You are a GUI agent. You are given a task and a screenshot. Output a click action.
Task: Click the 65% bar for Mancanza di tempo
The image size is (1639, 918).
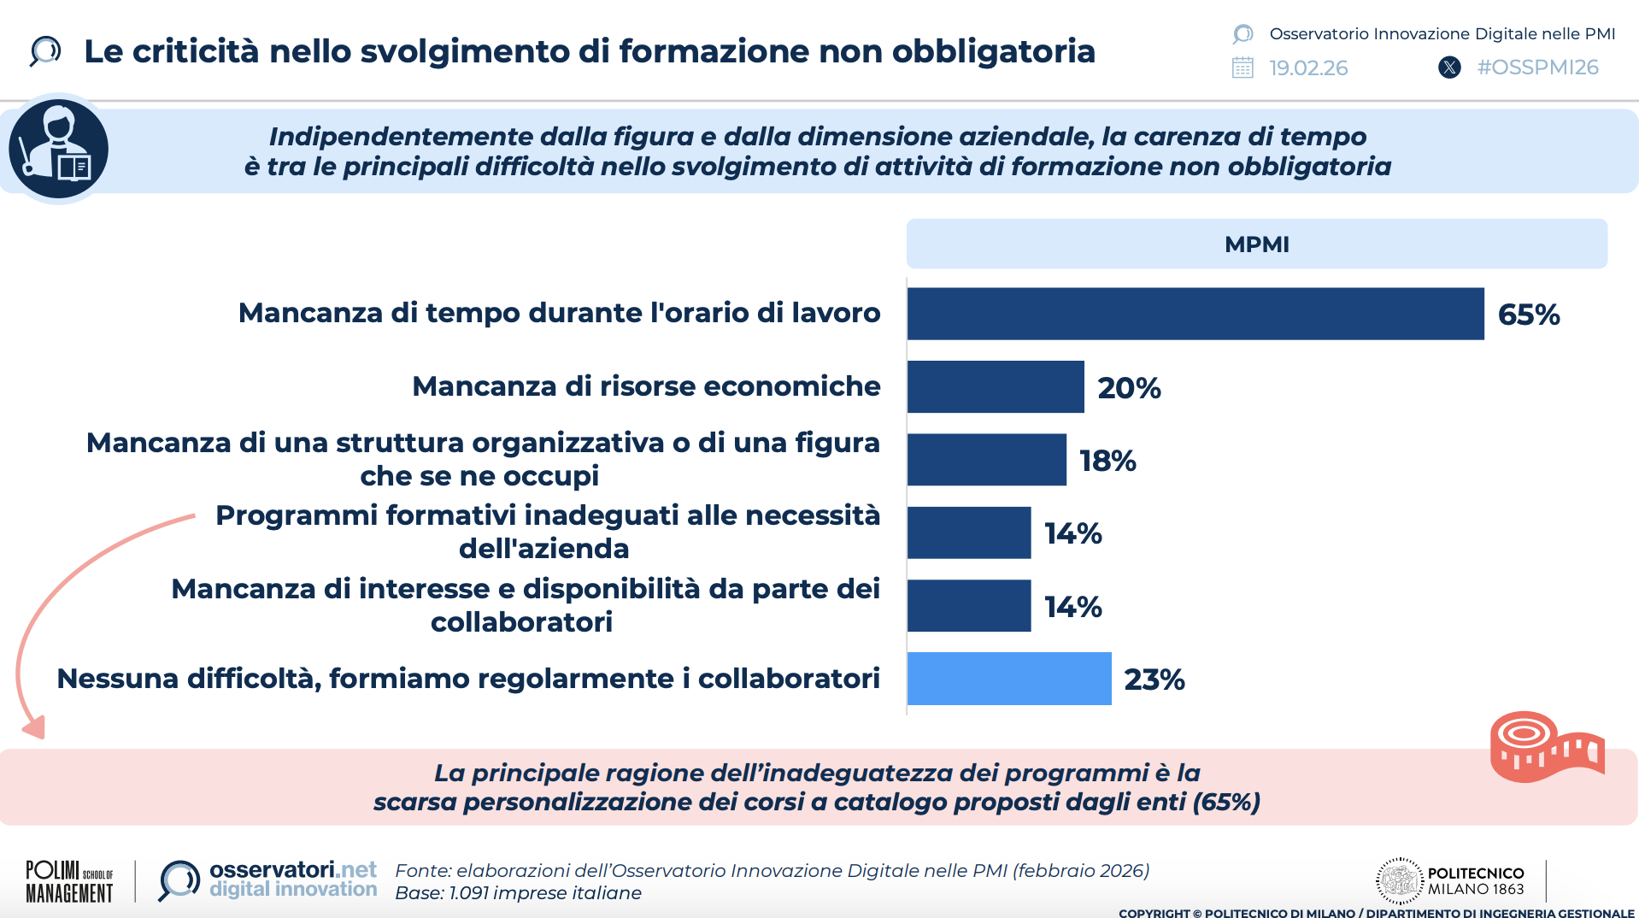click(1195, 314)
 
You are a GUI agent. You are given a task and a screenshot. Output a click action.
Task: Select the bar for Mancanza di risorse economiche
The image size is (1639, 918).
click(995, 387)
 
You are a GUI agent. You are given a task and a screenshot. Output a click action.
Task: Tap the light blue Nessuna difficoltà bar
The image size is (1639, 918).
click(1008, 679)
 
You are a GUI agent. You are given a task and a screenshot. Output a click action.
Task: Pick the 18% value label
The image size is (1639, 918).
click(1107, 461)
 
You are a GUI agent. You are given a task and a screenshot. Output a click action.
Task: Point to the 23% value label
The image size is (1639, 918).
click(1154, 680)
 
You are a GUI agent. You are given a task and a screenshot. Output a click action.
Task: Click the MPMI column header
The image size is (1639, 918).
click(1256, 244)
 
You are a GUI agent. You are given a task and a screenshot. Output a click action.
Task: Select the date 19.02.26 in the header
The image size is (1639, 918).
click(1308, 68)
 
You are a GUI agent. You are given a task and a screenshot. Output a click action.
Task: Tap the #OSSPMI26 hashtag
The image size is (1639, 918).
click(1537, 68)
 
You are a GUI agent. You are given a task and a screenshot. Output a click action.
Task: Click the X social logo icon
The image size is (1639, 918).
click(1449, 68)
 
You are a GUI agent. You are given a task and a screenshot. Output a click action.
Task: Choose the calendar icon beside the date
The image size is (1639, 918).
click(1242, 68)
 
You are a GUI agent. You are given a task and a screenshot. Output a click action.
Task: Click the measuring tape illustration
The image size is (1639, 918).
click(1546, 746)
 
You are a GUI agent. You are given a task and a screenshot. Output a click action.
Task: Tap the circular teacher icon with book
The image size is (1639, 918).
click(59, 149)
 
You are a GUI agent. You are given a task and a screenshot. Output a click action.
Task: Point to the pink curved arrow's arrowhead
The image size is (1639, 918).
click(35, 727)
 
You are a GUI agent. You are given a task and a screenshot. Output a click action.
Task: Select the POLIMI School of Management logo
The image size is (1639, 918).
click(69, 881)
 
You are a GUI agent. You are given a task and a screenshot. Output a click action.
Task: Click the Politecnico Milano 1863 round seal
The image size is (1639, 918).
click(1399, 880)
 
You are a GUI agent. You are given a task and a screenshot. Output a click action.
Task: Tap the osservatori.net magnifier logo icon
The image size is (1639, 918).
click(179, 880)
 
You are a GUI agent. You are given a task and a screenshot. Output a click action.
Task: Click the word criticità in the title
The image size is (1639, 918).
click(196, 51)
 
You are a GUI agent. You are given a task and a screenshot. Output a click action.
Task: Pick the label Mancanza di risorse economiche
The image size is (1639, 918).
click(645, 386)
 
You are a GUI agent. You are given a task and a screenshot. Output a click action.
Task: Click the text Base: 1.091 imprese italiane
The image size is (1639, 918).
click(518, 893)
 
